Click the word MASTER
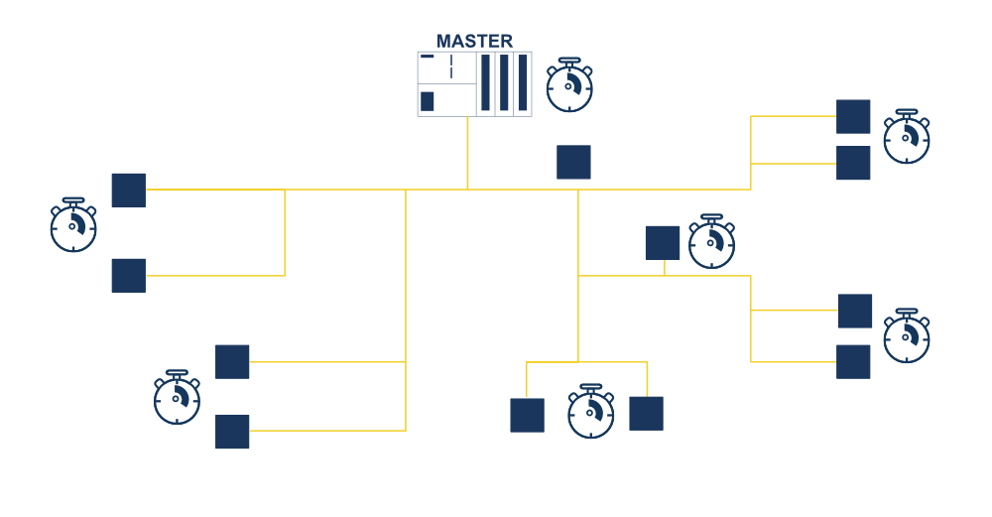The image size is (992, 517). click(x=474, y=41)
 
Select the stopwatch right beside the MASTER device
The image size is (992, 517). click(x=569, y=85)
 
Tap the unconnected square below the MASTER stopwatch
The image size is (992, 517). click(x=573, y=162)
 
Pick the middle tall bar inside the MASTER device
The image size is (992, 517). click(x=504, y=83)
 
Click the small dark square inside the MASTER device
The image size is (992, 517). click(x=427, y=101)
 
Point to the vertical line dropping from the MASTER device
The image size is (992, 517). click(x=467, y=153)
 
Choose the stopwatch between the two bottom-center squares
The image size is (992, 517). click(x=591, y=412)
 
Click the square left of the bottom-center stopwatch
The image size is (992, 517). click(x=527, y=415)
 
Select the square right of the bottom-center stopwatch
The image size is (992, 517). click(x=646, y=414)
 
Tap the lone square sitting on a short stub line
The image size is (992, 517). click(x=663, y=243)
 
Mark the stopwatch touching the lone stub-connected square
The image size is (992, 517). click(x=711, y=242)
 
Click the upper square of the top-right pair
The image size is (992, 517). click(x=853, y=116)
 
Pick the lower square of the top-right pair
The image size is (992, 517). click(x=853, y=163)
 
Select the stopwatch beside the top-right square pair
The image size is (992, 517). click(x=907, y=137)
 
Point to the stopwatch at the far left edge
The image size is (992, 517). click(x=73, y=225)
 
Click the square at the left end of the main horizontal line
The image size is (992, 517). click(x=128, y=190)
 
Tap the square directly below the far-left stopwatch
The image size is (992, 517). click(x=128, y=275)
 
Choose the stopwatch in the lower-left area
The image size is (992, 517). click(x=178, y=397)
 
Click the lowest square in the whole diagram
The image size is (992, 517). click(x=232, y=432)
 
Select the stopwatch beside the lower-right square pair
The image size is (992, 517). click(x=907, y=336)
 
